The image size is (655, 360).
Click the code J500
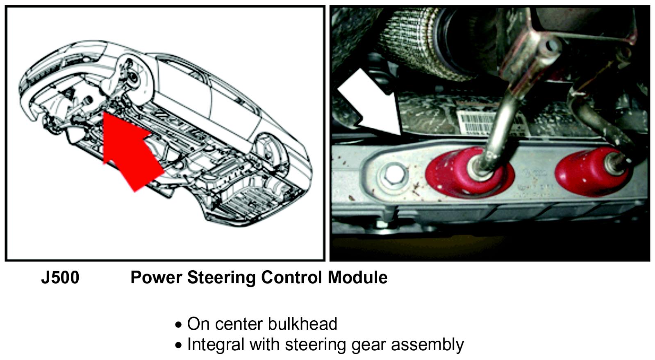pos(60,278)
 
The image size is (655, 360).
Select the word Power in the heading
pos(156,278)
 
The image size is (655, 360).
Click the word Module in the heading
pos(357,278)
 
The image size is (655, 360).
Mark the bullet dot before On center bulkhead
pos(178,325)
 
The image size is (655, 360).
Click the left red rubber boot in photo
pos(467,172)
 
